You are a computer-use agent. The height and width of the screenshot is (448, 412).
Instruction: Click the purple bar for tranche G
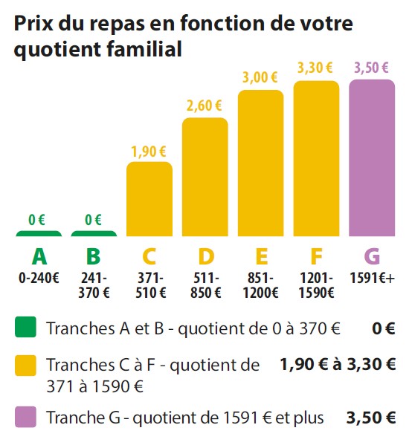(x=372, y=158)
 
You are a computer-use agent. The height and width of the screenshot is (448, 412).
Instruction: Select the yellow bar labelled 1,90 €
(x=149, y=199)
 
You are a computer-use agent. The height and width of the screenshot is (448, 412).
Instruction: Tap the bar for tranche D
(x=205, y=177)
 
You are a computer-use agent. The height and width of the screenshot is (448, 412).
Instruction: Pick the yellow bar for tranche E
(x=261, y=163)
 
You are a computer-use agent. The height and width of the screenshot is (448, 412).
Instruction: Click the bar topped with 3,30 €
(x=316, y=158)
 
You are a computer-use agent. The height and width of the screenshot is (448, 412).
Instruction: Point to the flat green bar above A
(x=39, y=234)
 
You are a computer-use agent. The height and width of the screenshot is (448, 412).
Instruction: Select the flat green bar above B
(x=94, y=234)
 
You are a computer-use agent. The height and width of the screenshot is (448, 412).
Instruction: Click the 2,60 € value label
(x=205, y=105)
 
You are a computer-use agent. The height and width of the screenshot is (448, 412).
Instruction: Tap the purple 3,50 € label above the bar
(x=371, y=68)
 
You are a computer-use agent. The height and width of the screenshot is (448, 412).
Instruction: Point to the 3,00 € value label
(x=260, y=77)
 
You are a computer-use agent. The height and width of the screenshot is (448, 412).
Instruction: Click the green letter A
(x=39, y=256)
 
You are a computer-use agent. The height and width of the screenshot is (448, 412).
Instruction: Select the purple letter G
(x=372, y=256)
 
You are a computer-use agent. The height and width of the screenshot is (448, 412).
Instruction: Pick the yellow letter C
(x=149, y=256)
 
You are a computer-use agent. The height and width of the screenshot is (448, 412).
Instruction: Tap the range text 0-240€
(x=39, y=278)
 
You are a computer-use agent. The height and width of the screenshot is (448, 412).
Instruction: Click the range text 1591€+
(x=373, y=278)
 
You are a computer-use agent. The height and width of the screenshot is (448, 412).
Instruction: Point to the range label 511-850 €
(x=206, y=285)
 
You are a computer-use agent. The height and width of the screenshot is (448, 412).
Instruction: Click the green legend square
(x=25, y=327)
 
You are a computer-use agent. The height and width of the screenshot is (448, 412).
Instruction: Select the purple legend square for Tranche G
(x=25, y=417)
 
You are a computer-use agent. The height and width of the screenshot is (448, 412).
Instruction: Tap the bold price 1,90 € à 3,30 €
(x=338, y=365)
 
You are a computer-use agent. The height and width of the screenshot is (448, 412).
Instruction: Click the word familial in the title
(x=144, y=49)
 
